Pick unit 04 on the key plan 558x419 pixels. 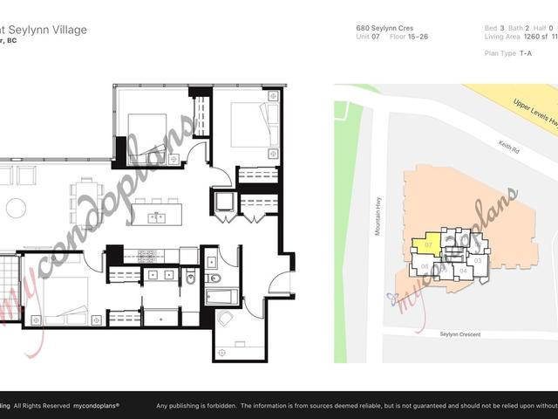(x=464, y=271)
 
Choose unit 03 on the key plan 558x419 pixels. (x=477, y=260)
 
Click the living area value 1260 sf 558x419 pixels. (x=527, y=38)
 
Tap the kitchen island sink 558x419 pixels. (x=155, y=217)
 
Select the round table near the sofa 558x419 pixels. (x=16, y=208)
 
